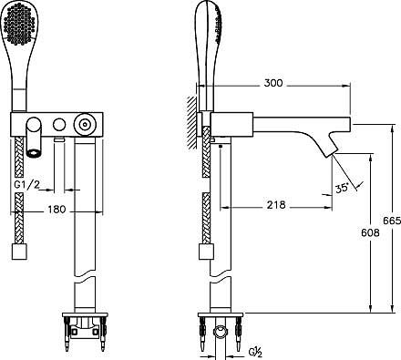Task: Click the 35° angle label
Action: (x=342, y=189)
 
